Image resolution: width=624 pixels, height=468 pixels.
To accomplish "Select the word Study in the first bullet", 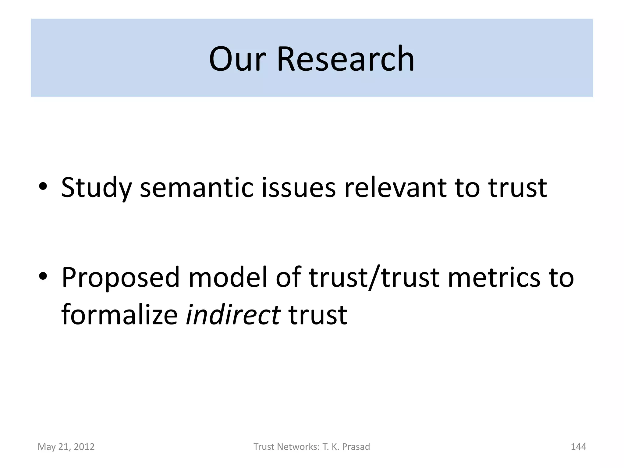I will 96,188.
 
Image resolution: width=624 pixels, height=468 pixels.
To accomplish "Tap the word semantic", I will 197,187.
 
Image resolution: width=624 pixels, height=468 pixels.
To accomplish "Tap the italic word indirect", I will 233,314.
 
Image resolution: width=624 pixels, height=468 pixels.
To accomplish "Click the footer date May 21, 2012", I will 66,447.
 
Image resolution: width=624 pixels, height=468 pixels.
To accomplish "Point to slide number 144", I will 578,447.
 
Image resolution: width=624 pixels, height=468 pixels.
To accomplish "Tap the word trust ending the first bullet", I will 518,187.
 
